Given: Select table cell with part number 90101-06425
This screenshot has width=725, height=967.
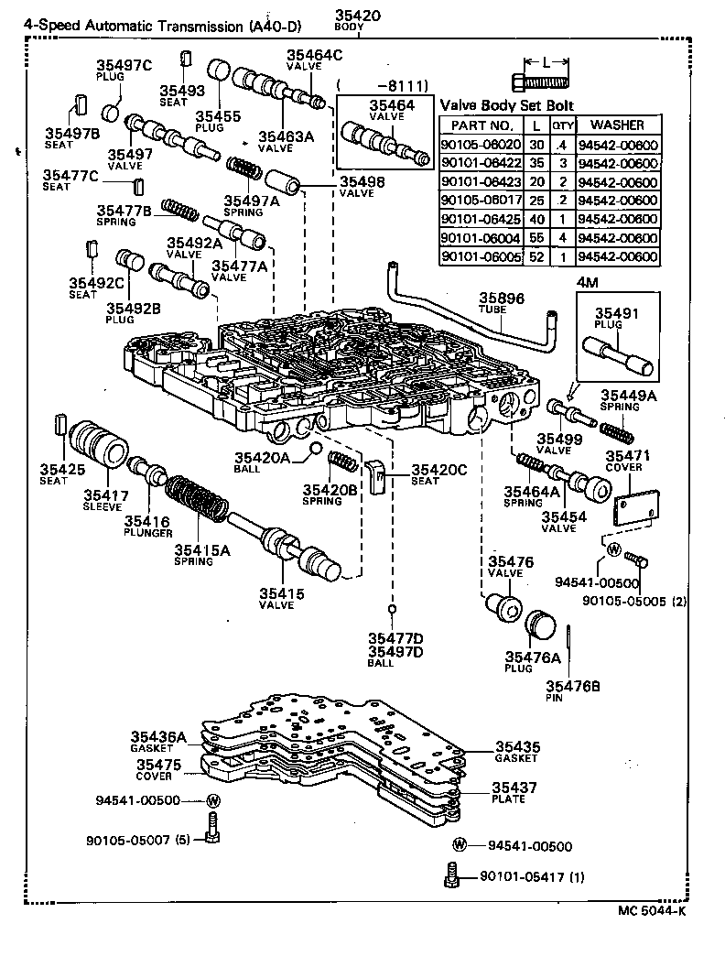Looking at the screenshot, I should [481, 220].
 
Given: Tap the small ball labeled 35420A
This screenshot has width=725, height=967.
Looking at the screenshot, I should [314, 448].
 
